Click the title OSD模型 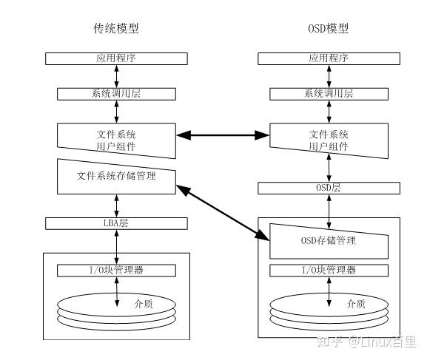pos(328,29)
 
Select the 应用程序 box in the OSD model pos(328,58)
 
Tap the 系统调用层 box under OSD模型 pos(328,94)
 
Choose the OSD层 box pos(328,188)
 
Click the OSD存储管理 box pos(328,240)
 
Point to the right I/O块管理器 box pos(328,270)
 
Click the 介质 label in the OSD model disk pos(355,303)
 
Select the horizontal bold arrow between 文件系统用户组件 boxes pos(223,135)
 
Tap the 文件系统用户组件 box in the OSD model pos(328,140)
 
